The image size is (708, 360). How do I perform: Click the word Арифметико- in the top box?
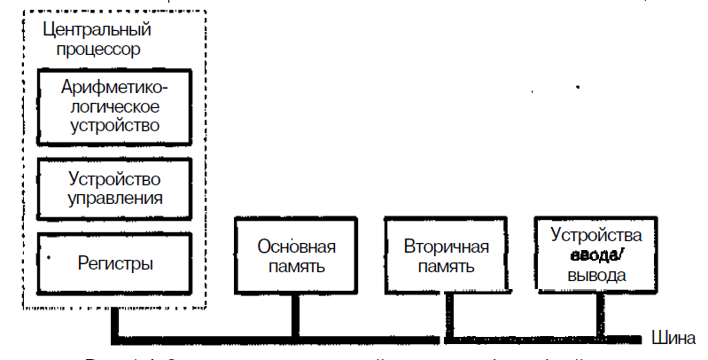pyautogui.click(x=114, y=88)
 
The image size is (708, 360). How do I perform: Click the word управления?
pyautogui.click(x=115, y=196)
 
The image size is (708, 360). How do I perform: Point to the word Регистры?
pyautogui.click(x=115, y=263)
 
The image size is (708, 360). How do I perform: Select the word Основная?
pyautogui.click(x=296, y=246)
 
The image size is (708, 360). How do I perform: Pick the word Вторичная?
pyautogui.click(x=446, y=246)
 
